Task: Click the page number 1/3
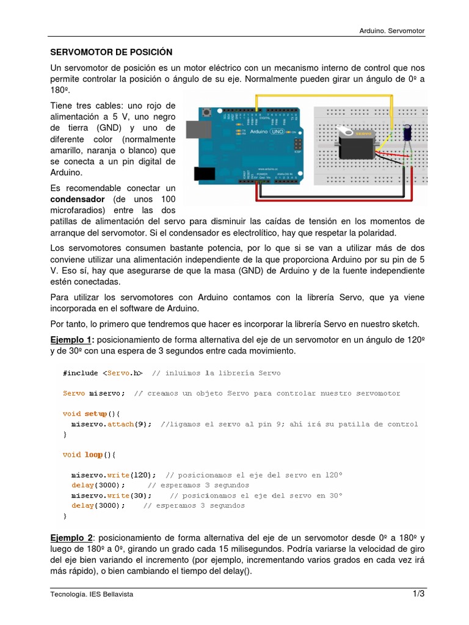pos(418,594)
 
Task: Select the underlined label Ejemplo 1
pos(71,339)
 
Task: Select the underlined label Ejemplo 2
pos(71,538)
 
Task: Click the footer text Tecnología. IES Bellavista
pos(92,594)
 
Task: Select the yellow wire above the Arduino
pos(324,96)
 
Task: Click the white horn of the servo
pos(349,132)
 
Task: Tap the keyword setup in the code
pos(95,413)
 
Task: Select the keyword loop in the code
pos(93,454)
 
